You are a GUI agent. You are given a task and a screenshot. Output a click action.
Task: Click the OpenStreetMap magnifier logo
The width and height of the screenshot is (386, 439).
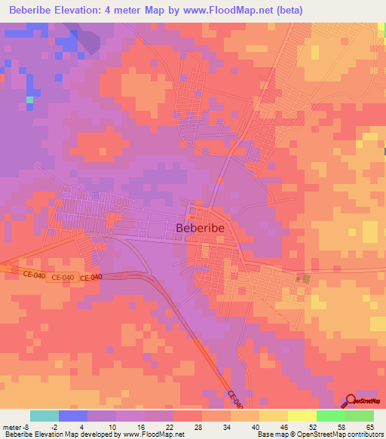(x=352, y=401)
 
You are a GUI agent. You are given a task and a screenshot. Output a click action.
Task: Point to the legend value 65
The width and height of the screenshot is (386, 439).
(x=369, y=426)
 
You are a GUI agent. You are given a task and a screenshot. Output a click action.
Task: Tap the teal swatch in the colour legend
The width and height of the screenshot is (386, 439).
(x=44, y=416)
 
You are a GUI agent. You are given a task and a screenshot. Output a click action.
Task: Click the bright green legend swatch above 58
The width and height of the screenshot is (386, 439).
(x=330, y=416)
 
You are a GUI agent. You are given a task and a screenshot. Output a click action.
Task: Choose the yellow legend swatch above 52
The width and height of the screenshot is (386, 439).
(x=302, y=416)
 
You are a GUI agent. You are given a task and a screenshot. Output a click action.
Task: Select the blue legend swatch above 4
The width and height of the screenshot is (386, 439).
(x=73, y=416)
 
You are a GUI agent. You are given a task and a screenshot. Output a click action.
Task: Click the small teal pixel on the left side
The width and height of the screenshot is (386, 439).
(x=29, y=100)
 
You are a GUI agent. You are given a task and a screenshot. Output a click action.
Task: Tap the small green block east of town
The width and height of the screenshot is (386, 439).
(x=305, y=280)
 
